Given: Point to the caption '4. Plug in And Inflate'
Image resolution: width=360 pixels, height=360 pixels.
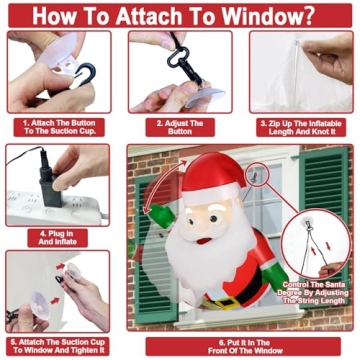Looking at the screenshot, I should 58,236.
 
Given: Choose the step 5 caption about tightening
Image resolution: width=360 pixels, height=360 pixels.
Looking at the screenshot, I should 57,346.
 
